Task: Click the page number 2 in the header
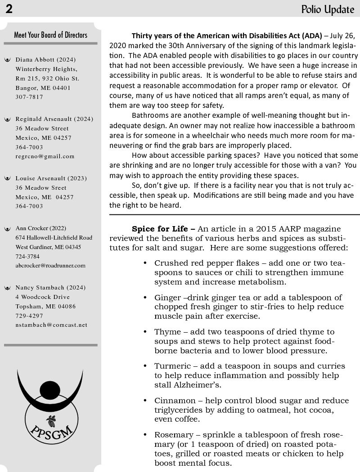click(9, 9)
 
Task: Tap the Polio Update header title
click(328, 9)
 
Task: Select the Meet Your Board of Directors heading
click(50, 35)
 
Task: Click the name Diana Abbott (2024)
click(45, 60)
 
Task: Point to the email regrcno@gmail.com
click(45, 156)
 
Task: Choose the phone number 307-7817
click(29, 97)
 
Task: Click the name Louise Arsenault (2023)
click(51, 178)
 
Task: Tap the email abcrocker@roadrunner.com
click(50, 266)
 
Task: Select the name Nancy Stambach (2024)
click(50, 288)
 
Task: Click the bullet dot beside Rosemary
click(145, 435)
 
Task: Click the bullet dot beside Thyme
click(145, 332)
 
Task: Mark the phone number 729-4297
click(29, 316)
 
